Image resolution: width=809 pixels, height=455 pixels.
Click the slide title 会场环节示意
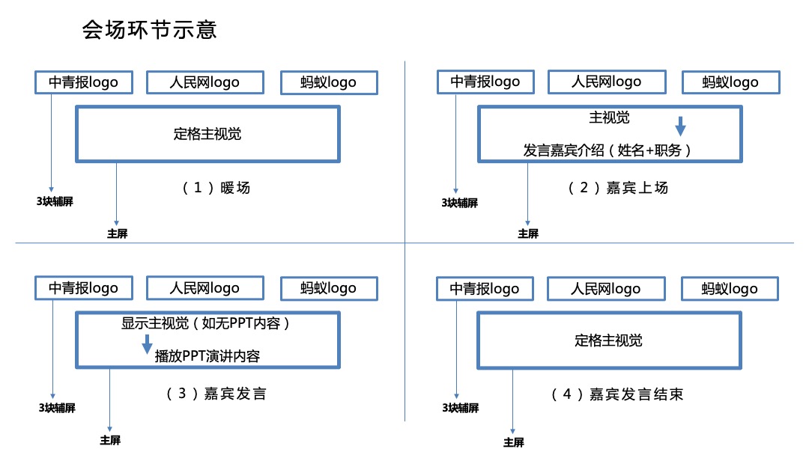pos(150,31)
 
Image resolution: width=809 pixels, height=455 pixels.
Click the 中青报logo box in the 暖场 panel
pos(83,82)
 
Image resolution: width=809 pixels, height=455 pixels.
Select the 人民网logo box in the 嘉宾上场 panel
pos(606,81)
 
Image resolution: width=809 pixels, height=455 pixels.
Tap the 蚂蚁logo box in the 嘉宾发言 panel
pos(329,288)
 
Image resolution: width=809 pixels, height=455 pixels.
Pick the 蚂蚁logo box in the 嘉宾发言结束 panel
pos(730,289)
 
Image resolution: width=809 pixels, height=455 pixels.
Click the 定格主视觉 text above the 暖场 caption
pos(207,135)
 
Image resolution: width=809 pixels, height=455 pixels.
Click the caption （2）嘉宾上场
pos(618,188)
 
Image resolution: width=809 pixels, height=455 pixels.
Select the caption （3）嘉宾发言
pos(216,394)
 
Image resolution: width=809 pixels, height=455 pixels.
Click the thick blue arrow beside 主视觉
pos(681,125)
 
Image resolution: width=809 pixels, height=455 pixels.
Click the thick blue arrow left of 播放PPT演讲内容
pos(148,344)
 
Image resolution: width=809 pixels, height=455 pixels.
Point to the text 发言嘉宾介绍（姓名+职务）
pos(607,150)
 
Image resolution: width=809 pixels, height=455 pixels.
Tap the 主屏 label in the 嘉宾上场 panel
pos(528,233)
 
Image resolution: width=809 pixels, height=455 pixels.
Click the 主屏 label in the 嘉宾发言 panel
pos(110,440)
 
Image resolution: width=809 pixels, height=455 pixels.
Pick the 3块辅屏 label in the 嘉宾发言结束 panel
pos(460,408)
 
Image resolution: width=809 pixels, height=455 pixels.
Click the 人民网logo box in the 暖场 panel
pos(204,82)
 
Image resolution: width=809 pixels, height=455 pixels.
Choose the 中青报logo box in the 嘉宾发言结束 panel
pos(484,288)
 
